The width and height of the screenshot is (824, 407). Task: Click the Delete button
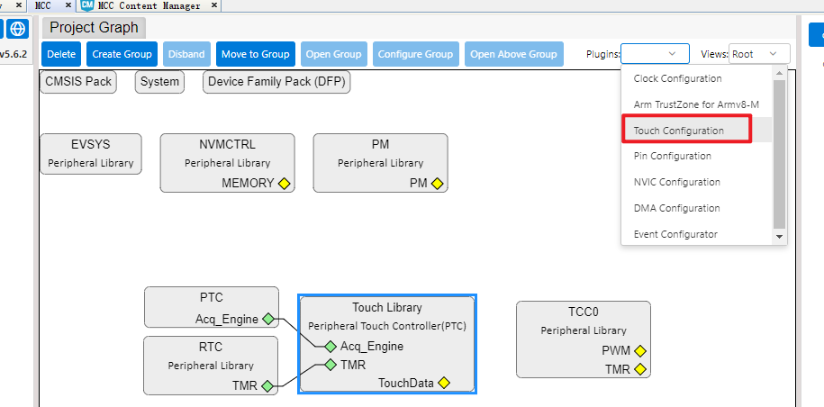point(61,54)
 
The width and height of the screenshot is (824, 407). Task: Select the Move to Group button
point(256,54)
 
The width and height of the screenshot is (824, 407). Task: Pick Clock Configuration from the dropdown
point(677,78)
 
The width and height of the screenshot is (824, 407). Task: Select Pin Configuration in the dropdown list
point(672,156)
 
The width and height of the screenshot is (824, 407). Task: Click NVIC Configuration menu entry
point(677,182)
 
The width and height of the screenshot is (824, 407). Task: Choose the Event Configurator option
point(675,234)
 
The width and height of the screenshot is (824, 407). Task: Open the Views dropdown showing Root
point(759,54)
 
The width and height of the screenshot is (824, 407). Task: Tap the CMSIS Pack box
point(78,82)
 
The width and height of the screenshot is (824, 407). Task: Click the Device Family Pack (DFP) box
point(276,82)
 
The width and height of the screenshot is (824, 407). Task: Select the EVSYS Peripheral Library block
point(91,154)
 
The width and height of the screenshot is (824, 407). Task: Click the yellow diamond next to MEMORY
point(284,184)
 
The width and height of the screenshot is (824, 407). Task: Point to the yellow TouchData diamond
point(444,383)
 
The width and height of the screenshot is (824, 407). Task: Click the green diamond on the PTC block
point(268,319)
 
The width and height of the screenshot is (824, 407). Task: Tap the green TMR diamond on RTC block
point(267,386)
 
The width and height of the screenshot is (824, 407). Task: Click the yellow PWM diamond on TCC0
point(639,351)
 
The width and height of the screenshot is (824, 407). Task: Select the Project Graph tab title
point(94,27)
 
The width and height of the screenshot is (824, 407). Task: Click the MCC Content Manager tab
point(149,5)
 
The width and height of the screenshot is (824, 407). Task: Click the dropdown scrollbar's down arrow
point(780,237)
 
